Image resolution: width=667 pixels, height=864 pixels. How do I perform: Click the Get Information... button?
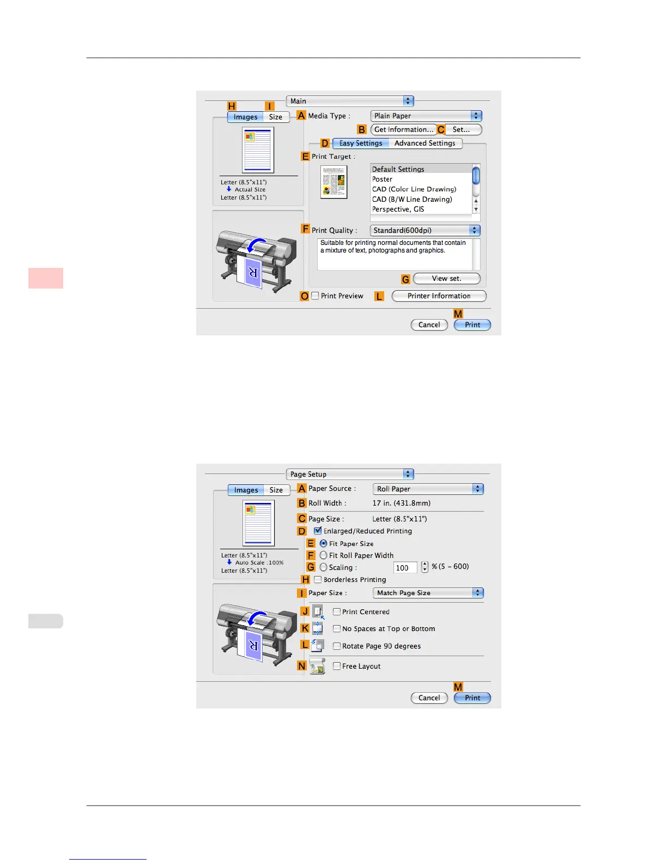tap(403, 130)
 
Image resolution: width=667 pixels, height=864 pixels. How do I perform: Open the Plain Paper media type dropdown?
tap(426, 116)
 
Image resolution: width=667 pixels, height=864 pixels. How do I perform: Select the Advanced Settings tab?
tap(425, 143)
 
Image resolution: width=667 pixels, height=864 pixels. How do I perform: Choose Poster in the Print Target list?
tap(383, 179)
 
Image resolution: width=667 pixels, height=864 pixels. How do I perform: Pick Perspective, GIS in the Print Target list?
tap(398, 209)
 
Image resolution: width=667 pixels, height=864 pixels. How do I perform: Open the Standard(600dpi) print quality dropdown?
tap(425, 231)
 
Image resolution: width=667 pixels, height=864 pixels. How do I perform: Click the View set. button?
tap(446, 279)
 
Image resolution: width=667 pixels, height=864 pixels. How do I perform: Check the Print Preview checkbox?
tap(315, 296)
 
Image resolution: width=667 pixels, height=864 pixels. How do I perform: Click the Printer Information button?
tap(439, 296)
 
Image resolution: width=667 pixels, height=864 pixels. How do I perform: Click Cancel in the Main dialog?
tap(429, 325)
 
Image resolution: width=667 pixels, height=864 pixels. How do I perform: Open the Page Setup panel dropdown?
tap(350, 475)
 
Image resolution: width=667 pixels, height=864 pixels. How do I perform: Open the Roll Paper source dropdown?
tap(428, 489)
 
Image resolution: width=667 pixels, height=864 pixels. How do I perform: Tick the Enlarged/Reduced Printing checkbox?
tap(318, 531)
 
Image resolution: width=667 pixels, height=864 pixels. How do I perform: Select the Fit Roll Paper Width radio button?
tap(324, 555)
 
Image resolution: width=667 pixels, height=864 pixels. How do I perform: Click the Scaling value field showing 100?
tap(405, 568)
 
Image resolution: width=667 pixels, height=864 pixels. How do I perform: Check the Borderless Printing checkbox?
tap(318, 580)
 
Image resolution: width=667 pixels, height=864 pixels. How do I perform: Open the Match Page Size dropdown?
tap(428, 593)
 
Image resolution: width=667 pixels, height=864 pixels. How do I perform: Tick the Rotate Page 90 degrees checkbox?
tap(337, 646)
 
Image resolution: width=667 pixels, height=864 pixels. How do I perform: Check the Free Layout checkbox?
tap(337, 666)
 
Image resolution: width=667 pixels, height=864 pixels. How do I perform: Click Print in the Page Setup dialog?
tap(472, 698)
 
